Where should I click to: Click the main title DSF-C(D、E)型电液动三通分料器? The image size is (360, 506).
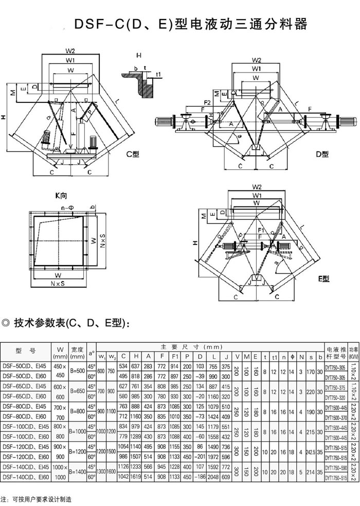(x=190, y=25)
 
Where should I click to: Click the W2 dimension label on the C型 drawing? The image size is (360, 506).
(x=70, y=51)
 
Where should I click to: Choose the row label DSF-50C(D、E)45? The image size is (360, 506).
(x=25, y=366)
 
